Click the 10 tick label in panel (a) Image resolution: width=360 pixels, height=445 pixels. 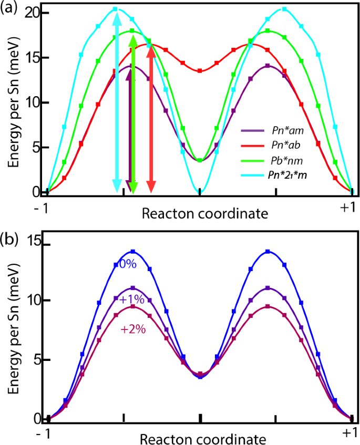pyautogui.click(x=33, y=103)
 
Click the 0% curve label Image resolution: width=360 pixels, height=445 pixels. pyautogui.click(x=128, y=265)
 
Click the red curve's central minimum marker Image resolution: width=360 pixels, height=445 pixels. pyautogui.click(x=200, y=70)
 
